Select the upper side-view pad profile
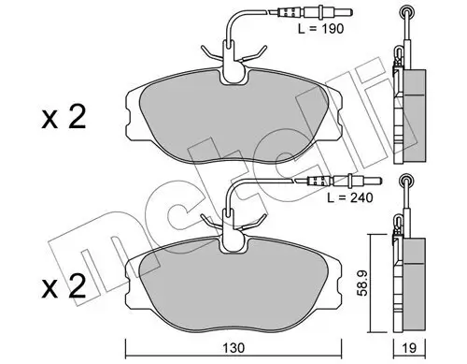point(411,103)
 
